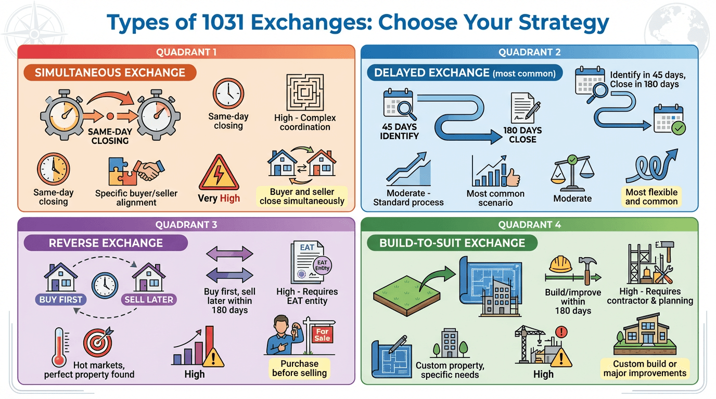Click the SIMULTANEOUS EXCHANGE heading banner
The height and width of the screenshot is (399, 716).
click(x=110, y=73)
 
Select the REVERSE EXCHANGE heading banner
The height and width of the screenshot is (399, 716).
click(x=106, y=243)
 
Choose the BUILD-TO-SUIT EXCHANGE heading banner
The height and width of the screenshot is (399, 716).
click(x=452, y=243)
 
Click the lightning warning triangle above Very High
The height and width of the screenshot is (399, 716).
click(x=219, y=173)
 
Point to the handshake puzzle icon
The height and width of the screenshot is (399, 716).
click(x=136, y=171)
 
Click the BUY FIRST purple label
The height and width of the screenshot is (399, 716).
click(x=61, y=300)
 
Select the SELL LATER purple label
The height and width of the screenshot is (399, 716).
click(x=149, y=300)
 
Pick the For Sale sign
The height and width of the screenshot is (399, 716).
click(x=322, y=335)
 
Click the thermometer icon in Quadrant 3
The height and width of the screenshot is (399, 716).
click(x=59, y=347)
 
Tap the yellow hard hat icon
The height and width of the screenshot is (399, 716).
click(x=560, y=264)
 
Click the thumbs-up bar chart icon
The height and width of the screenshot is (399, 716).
click(x=495, y=172)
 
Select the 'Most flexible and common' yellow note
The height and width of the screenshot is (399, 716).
click(x=651, y=197)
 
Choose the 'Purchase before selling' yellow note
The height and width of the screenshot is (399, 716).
click(x=299, y=368)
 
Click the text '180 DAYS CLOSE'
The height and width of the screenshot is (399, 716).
click(x=522, y=135)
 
